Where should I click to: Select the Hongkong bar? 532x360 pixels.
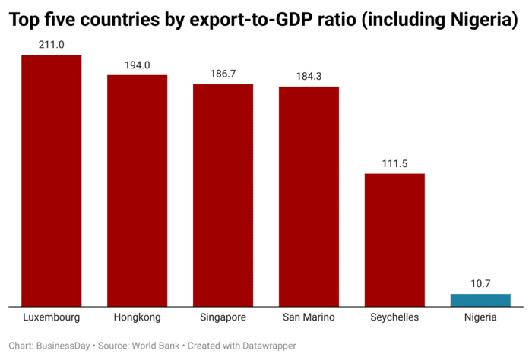click(137, 190)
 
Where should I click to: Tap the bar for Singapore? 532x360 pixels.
click(223, 194)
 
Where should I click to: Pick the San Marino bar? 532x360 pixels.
click(309, 196)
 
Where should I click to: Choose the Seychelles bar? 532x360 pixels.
click(394, 239)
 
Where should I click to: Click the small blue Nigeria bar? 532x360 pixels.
click(480, 299)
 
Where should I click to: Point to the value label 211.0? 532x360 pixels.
click(51, 45)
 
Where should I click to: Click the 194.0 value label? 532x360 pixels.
click(137, 65)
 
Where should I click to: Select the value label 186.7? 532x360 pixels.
click(223, 74)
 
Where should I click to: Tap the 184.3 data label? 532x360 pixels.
click(309, 76)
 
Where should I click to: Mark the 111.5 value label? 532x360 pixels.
click(394, 163)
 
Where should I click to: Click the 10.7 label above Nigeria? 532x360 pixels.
click(480, 283)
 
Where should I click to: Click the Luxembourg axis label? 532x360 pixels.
click(51, 317)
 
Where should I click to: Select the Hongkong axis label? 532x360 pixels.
click(137, 317)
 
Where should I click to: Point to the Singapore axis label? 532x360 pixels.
click(223, 317)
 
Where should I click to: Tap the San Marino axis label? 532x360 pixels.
click(309, 317)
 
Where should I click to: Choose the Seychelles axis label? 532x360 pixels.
click(394, 317)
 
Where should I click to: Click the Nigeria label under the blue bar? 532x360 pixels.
click(480, 317)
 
